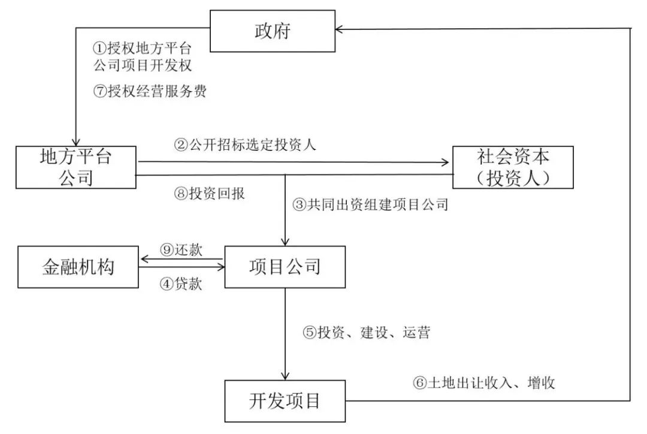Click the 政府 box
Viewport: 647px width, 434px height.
click(272, 30)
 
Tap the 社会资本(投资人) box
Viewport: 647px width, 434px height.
click(513, 167)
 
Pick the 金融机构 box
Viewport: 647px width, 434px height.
click(78, 266)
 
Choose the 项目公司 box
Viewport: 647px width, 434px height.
click(285, 266)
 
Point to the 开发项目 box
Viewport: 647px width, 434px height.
click(285, 400)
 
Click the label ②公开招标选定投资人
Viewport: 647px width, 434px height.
click(245, 146)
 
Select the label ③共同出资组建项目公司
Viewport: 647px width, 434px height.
click(370, 205)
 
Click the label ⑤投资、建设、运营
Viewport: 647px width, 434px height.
click(366, 333)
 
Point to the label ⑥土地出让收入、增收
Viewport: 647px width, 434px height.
click(483, 382)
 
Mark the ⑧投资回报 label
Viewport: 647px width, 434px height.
click(208, 194)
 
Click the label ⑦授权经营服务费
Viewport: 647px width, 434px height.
click(150, 91)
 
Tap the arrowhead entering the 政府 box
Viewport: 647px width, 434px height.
click(339, 28)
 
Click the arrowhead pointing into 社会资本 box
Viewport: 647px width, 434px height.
click(446, 162)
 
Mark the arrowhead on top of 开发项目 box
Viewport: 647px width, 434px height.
click(285, 376)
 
